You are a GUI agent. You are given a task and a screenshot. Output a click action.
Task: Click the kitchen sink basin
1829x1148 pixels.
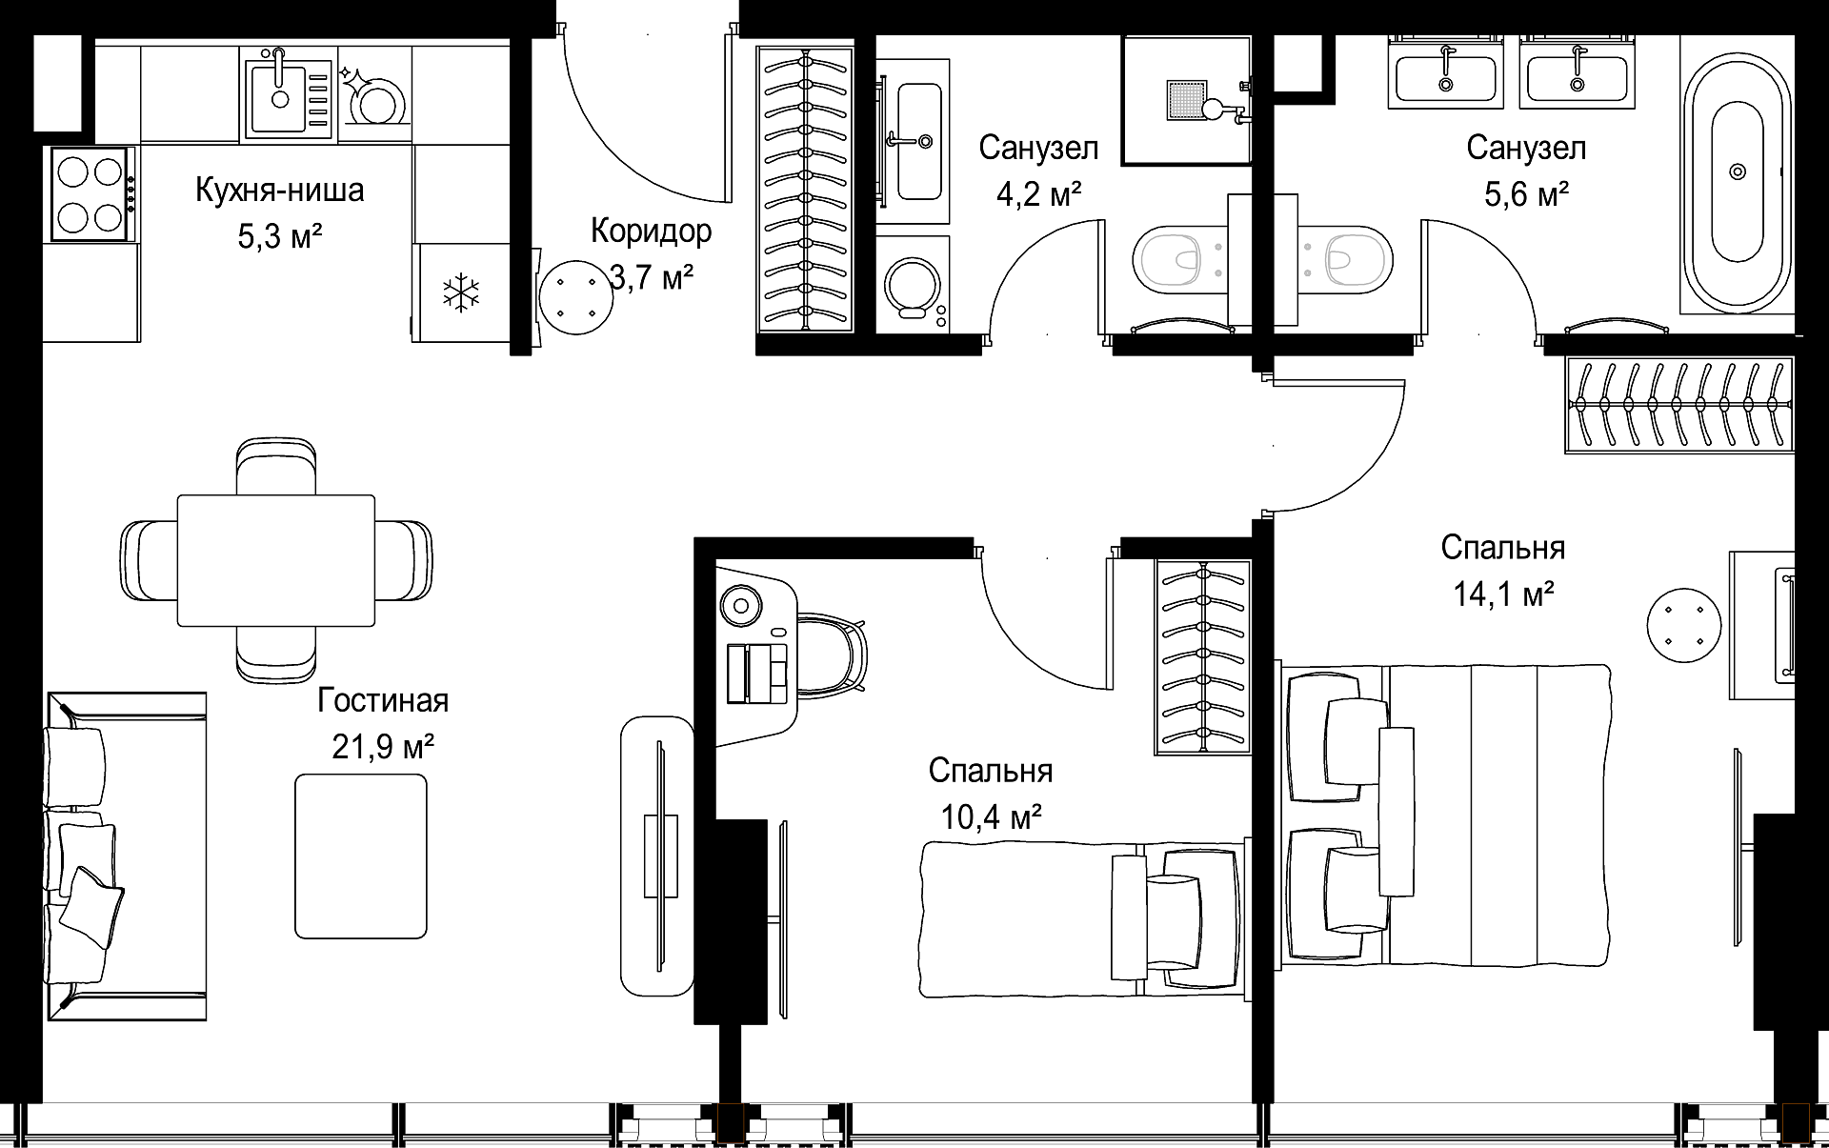[x=279, y=96]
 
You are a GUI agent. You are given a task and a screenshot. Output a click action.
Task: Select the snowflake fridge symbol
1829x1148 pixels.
[x=461, y=292]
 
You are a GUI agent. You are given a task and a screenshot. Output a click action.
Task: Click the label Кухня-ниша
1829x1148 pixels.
[x=279, y=191]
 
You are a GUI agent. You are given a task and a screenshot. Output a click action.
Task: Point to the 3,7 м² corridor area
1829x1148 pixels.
[x=652, y=278]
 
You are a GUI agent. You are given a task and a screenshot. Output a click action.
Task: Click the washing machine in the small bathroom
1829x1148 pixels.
[x=913, y=285]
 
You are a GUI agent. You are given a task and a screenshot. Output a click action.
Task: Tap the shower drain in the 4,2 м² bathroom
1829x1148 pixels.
[x=1188, y=100]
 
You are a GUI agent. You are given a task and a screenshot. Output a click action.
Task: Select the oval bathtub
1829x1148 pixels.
[x=1738, y=172]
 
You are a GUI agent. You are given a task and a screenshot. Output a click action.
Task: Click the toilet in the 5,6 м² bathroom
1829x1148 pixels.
[x=1349, y=258]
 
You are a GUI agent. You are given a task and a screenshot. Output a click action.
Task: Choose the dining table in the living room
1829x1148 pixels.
[x=276, y=560]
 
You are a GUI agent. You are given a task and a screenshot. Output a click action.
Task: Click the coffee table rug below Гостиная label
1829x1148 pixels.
[x=361, y=856]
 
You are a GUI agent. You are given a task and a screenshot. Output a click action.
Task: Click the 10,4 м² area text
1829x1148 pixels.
[x=991, y=816]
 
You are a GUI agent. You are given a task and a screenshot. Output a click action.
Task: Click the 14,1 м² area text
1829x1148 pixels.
[x=1503, y=594]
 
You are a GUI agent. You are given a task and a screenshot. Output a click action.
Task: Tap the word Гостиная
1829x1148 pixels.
[x=383, y=701]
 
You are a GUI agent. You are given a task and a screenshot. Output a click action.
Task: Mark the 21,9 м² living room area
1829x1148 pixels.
[x=383, y=747]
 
